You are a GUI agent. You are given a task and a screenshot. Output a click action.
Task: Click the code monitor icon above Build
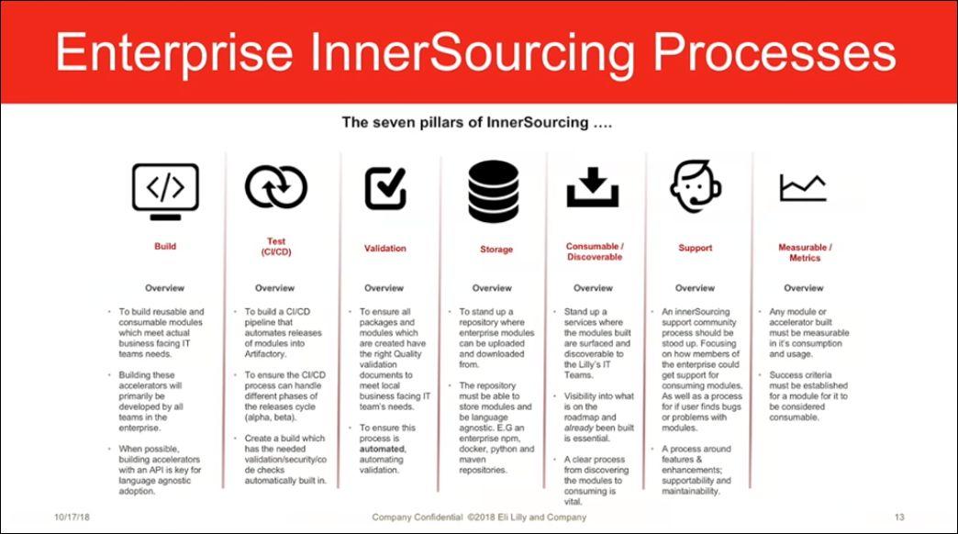165,189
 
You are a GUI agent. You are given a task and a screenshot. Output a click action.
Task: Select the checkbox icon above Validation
385,187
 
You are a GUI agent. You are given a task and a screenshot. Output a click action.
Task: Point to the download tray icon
593,187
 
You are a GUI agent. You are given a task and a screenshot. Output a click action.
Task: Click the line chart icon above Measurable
803,188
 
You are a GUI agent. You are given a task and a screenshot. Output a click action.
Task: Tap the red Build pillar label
165,246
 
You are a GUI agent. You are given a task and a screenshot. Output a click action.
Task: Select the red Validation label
384,249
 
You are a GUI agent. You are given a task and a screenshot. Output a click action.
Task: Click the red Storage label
496,250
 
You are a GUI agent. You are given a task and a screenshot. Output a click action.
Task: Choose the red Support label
695,249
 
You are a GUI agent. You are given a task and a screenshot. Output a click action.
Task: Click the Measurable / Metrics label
805,252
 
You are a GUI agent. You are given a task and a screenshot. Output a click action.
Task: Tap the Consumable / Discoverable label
594,252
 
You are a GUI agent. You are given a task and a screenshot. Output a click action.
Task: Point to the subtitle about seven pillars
476,121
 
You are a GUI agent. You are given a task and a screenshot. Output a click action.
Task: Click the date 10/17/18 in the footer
72,517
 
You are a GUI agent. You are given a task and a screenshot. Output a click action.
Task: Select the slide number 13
899,517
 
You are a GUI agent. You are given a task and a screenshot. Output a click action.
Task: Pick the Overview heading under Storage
492,288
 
